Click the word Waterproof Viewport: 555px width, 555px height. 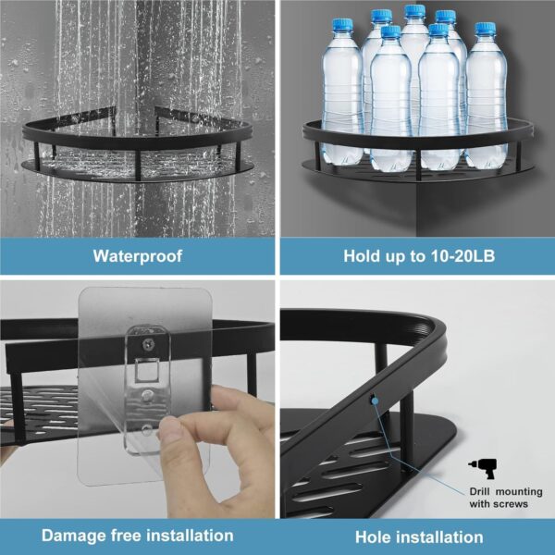pos(138,256)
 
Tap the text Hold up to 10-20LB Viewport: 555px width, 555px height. pos(418,256)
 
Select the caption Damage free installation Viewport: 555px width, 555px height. pos(138,535)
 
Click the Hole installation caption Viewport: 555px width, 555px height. pos(418,536)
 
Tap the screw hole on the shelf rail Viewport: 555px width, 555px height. pos(374,401)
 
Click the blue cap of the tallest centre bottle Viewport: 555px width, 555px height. pos(414,12)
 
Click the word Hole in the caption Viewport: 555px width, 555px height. pos(375,536)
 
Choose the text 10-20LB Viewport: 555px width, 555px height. pos(464,256)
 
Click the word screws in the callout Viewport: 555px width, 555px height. pos(510,503)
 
